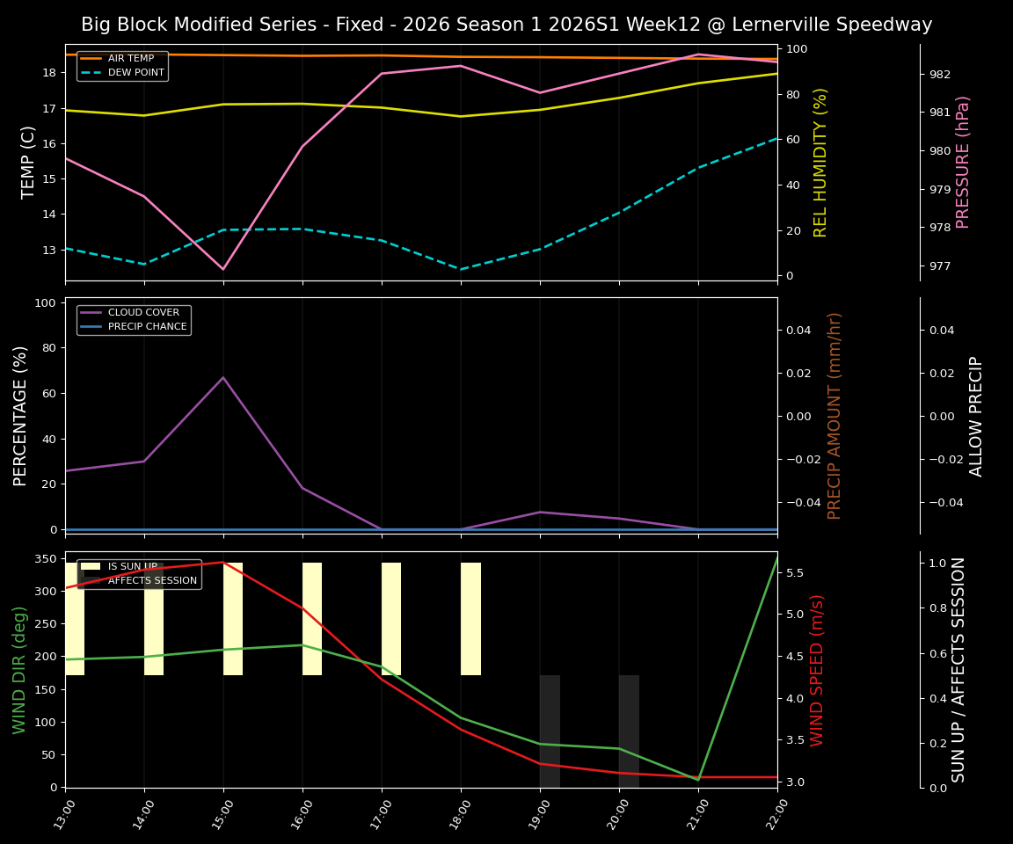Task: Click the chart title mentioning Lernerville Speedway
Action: click(x=506, y=25)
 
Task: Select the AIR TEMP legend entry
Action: click(x=130, y=59)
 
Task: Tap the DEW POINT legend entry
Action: click(x=135, y=73)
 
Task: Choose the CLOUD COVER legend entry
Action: click(x=143, y=313)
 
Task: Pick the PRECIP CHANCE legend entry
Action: click(x=147, y=327)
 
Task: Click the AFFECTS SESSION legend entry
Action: click(x=152, y=580)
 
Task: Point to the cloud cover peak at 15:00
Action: click(x=223, y=377)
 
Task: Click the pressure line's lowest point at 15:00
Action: click(x=223, y=269)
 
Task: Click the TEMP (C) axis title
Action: click(x=29, y=162)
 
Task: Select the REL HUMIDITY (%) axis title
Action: click(x=821, y=162)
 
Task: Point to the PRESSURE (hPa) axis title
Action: click(x=963, y=162)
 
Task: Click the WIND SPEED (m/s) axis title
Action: click(x=818, y=670)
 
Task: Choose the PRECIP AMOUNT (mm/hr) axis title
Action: click(x=835, y=415)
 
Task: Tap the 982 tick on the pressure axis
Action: click(x=940, y=74)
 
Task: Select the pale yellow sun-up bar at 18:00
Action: click(x=470, y=619)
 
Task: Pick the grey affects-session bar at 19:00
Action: click(x=550, y=731)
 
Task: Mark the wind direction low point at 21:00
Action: click(x=698, y=779)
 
